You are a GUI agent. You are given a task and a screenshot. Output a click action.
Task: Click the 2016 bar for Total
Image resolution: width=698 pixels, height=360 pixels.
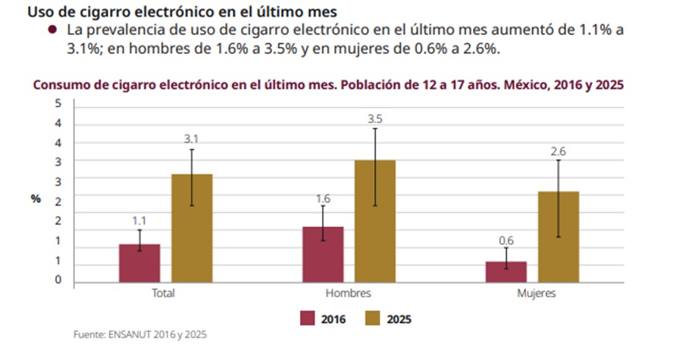[x=139, y=263]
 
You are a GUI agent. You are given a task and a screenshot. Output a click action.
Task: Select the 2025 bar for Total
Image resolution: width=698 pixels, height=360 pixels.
[x=192, y=228]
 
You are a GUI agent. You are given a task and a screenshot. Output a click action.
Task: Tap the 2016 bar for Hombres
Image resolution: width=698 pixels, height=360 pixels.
[x=323, y=254]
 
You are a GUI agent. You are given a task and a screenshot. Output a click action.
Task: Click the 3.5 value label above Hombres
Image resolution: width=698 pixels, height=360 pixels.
[x=375, y=119]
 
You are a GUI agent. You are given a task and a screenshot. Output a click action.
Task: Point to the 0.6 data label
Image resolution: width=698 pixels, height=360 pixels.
[x=506, y=241]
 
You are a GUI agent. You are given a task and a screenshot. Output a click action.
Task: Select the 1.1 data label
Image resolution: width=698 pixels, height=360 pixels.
[x=139, y=221]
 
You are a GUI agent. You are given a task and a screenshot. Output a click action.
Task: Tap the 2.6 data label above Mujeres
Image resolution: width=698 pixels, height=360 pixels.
[x=559, y=152]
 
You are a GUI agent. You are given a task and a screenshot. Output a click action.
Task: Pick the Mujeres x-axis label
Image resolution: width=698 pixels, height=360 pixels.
[x=536, y=293]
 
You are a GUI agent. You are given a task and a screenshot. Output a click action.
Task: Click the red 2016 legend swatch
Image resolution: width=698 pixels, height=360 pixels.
[x=308, y=318]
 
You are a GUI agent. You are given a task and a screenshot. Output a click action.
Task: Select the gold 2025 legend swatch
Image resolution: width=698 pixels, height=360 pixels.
[x=374, y=318]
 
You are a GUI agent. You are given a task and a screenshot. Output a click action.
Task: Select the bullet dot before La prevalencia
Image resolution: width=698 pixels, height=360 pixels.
[x=52, y=30]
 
